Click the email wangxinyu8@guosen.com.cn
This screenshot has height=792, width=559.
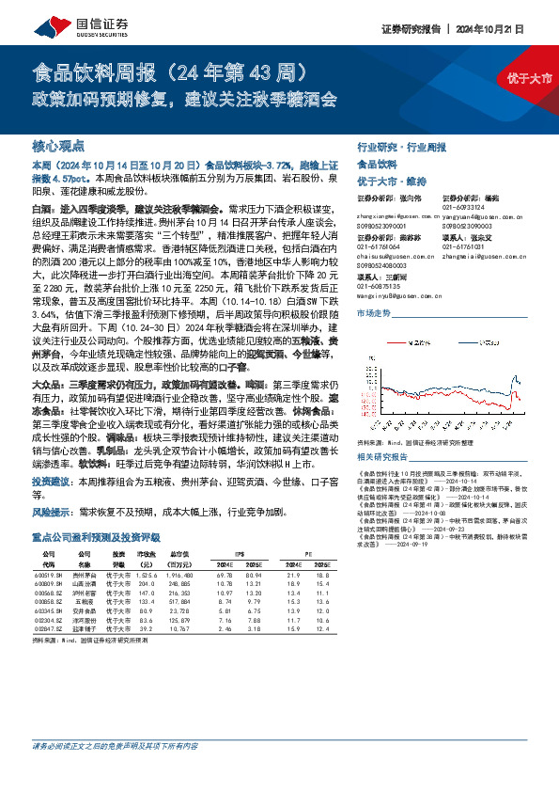389,293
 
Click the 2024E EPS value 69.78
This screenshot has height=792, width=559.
225,546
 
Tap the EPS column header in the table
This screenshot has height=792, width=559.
239,527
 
